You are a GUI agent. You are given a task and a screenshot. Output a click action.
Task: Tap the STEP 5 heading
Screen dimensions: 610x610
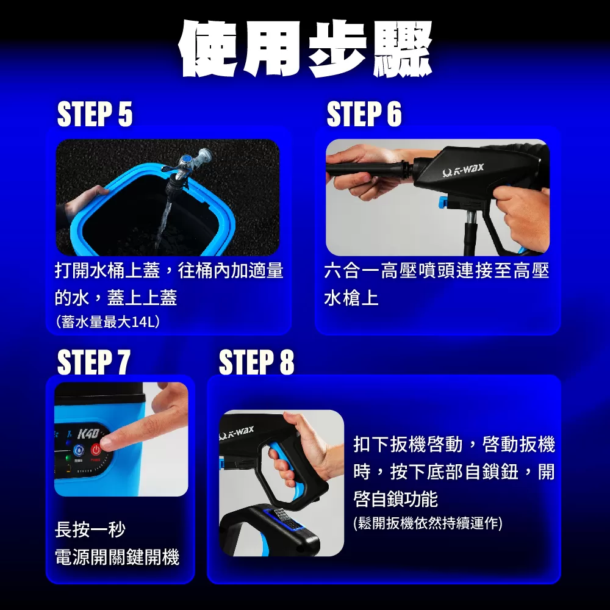(x=95, y=114)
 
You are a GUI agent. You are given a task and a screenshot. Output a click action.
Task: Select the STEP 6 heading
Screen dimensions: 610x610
(x=364, y=113)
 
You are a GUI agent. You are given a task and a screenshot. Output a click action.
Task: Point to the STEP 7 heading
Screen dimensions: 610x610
(x=93, y=362)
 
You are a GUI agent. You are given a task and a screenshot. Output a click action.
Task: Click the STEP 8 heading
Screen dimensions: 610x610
(x=256, y=362)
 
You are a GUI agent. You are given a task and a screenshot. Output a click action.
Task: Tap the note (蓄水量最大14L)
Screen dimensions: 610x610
(x=108, y=321)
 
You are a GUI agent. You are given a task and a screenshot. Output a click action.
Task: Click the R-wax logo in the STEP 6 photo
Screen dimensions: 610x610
(x=463, y=170)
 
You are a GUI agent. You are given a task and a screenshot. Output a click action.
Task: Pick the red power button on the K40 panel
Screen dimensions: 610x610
(x=96, y=450)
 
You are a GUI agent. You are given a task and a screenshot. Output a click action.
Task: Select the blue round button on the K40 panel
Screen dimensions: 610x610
(x=79, y=451)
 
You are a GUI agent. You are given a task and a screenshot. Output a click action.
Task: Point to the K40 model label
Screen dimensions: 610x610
(x=88, y=434)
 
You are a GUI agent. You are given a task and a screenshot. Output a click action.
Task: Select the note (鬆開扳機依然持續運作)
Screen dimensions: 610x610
(x=428, y=523)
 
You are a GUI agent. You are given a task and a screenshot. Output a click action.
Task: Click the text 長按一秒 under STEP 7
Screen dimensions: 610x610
(x=90, y=529)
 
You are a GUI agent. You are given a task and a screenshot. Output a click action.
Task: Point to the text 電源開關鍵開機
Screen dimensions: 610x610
(x=117, y=557)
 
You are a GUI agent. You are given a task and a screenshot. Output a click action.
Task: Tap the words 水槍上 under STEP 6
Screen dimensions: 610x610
(x=351, y=298)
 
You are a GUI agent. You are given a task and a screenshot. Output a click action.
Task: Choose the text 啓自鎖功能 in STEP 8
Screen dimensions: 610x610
(x=396, y=499)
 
